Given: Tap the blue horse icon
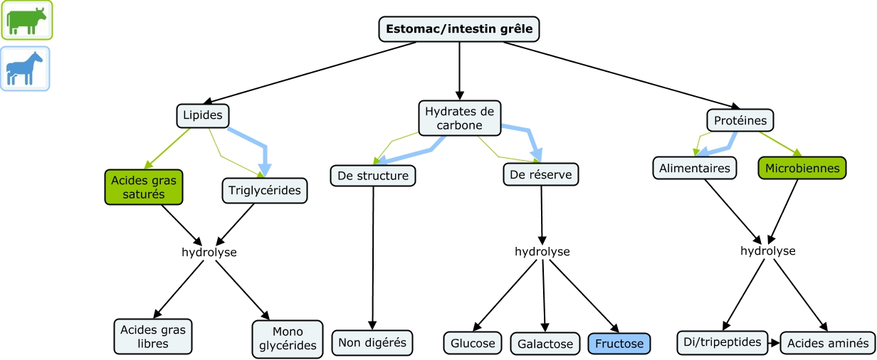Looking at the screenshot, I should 25,69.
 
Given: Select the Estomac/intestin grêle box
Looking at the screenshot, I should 459,29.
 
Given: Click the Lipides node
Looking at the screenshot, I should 203,115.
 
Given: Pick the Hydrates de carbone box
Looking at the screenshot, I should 459,118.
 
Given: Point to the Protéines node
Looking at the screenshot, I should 740,120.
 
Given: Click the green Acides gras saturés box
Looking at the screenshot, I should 143,187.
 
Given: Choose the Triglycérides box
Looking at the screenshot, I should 265,190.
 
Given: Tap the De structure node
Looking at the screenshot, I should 373,174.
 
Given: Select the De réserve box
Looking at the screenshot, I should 541,173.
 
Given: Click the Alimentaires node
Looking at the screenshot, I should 694,169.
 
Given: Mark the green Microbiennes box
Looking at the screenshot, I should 802,169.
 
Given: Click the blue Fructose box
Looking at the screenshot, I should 619,344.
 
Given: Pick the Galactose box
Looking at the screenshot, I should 545,344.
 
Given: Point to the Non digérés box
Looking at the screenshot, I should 372,342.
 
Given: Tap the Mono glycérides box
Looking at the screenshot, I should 288,338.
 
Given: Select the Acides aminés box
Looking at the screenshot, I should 828,343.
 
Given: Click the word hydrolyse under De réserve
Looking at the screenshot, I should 542,252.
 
